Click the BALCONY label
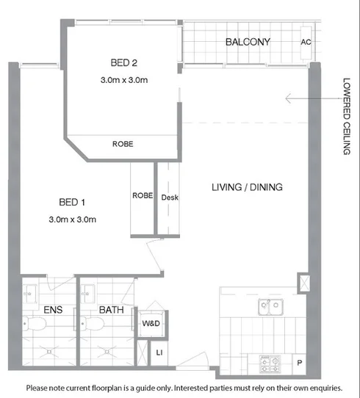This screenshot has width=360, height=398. click(248, 41)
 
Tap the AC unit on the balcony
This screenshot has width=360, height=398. click(306, 42)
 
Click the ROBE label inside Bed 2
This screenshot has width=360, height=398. click(123, 145)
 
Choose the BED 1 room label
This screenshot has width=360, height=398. click(73, 201)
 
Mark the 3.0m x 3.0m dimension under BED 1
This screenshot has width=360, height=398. click(73, 219)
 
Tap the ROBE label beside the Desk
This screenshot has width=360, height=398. click(142, 196)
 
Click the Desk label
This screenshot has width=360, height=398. click(170, 198)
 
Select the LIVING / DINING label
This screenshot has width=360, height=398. click(247, 187)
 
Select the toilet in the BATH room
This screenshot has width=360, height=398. click(90, 324)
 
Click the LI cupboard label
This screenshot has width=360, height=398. click(159, 353)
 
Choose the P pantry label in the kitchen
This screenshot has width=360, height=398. click(300, 363)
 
